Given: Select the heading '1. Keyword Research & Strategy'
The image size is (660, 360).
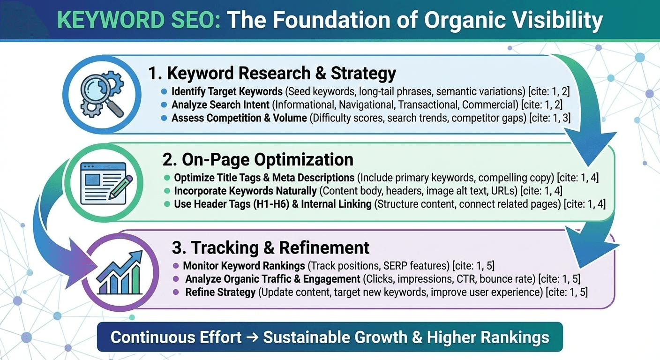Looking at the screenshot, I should pyautogui.click(x=272, y=73).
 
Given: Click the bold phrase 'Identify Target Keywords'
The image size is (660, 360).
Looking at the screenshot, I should pyautogui.click(x=226, y=91).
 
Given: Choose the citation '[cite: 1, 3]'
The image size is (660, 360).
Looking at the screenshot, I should pyautogui.click(x=550, y=118).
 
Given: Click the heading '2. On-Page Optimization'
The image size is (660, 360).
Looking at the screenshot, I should pyautogui.click(x=258, y=159).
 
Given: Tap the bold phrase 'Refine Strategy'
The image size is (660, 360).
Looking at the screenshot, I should pyautogui.click(x=220, y=292).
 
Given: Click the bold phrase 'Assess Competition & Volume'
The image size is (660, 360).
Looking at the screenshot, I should pyautogui.click(x=239, y=118).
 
